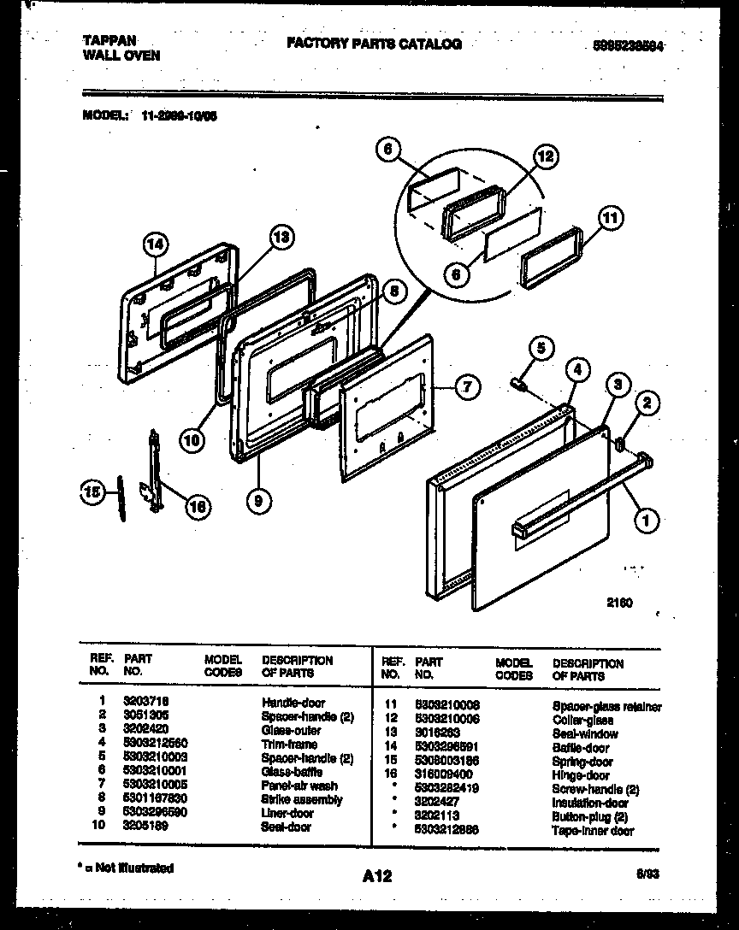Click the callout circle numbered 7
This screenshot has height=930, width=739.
point(466,387)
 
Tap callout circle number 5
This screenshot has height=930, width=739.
point(541,347)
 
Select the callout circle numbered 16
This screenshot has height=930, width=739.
point(197,507)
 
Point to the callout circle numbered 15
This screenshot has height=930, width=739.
point(91,491)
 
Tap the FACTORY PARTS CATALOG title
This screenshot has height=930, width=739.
point(374,44)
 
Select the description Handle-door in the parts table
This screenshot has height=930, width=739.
point(293,703)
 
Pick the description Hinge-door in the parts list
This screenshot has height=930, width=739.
point(581,775)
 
